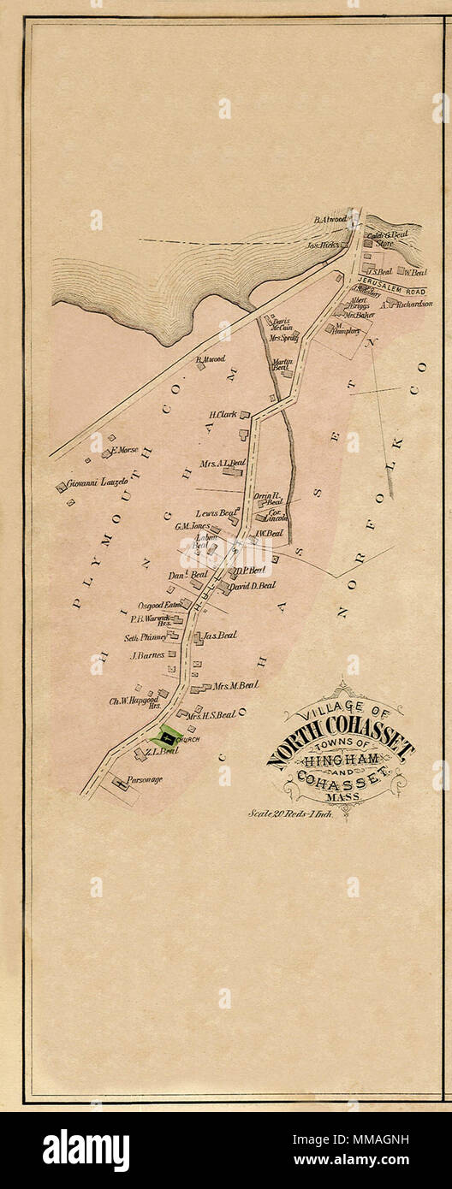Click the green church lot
(x=168, y=735)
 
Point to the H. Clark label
(x=223, y=415)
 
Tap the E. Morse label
(x=123, y=449)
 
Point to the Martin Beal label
(x=282, y=365)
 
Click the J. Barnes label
(x=146, y=655)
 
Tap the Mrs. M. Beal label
(x=235, y=685)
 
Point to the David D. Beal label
(x=253, y=585)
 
